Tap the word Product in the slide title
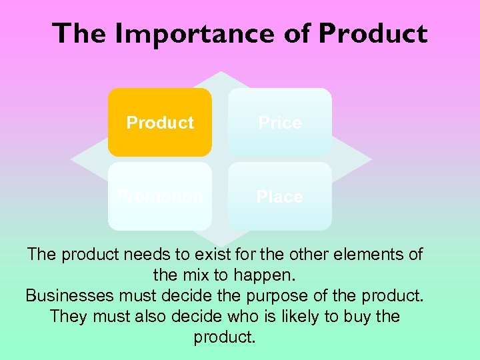373,33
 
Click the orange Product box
160,123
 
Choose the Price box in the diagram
280,123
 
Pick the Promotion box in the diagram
160,197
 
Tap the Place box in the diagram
280,197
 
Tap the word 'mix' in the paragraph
219,275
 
